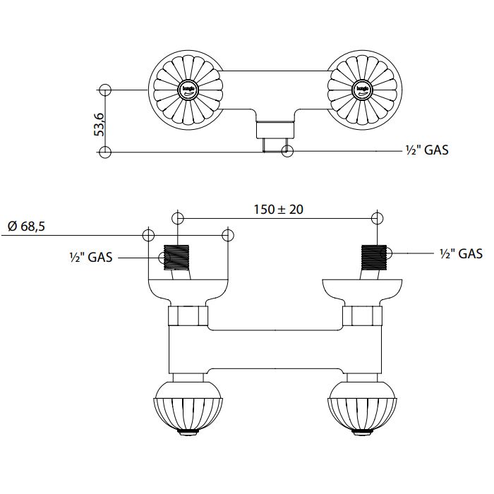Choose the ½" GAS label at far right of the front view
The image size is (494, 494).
click(x=460, y=253)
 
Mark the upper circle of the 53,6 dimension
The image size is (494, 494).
click(x=105, y=90)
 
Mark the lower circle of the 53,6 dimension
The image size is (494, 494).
click(x=105, y=151)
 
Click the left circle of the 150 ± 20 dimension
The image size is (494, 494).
click(x=177, y=217)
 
